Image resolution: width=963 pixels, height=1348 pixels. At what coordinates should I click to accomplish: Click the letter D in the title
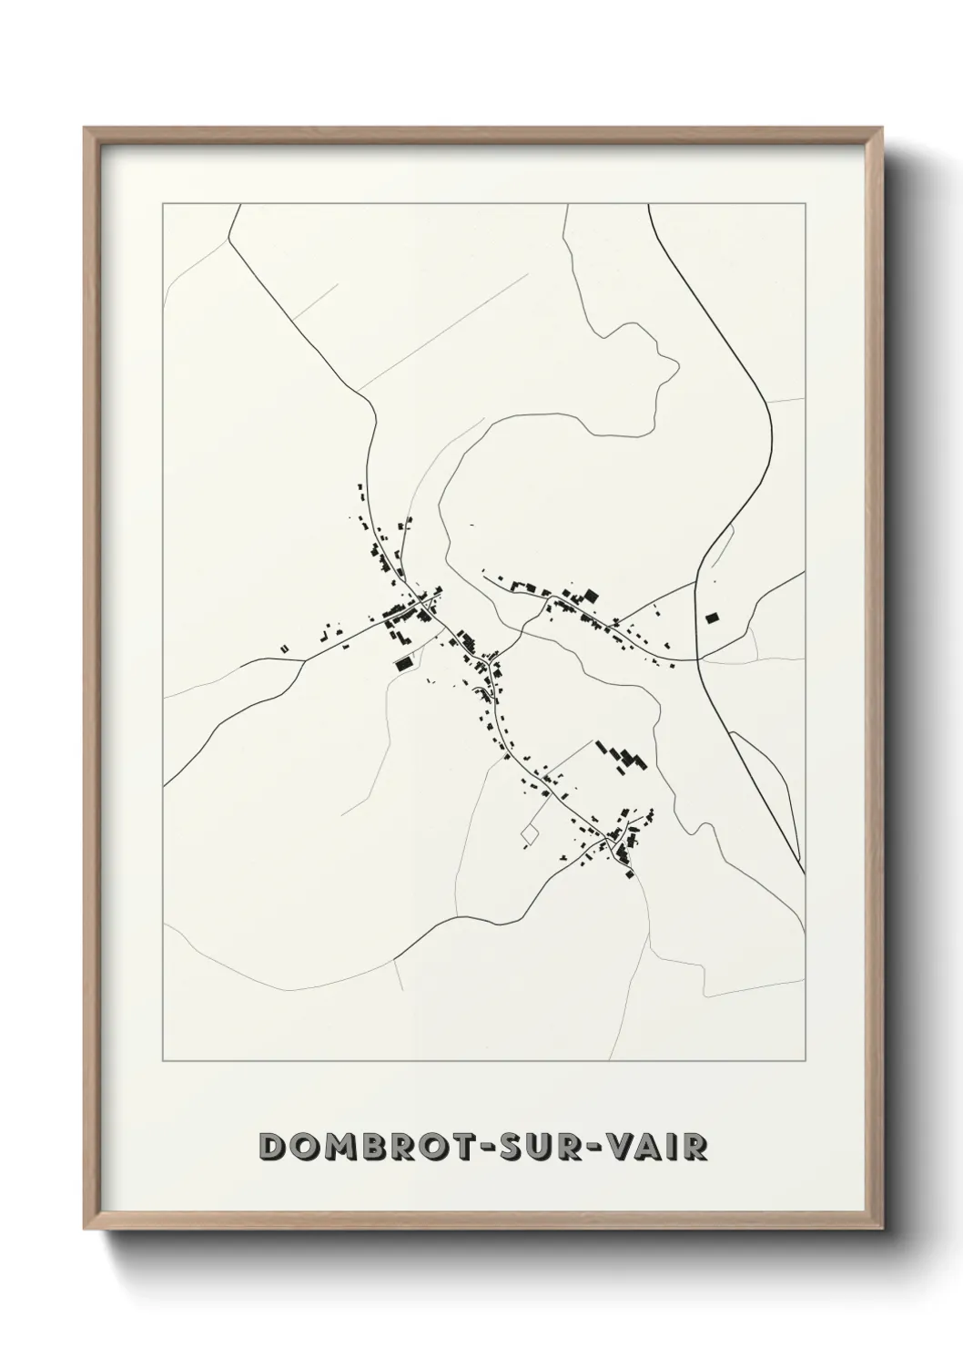pos(272,1148)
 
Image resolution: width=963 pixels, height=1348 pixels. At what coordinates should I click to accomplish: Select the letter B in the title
pos(370,1148)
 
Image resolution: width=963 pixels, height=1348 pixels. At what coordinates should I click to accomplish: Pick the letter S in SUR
pos(513,1148)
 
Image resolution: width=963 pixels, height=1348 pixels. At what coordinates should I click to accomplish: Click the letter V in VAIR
pos(630,1148)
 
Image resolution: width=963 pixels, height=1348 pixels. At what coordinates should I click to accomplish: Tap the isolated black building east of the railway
pos(712,618)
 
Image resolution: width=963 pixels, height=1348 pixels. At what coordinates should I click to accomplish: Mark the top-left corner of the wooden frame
pos(85,128)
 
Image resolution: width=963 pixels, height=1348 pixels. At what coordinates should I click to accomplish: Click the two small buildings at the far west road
pos(284,648)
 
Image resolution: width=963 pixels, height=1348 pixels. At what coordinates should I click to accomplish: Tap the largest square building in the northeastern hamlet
pos(591,597)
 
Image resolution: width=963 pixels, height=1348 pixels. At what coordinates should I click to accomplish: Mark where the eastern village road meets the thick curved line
pos(697,659)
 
